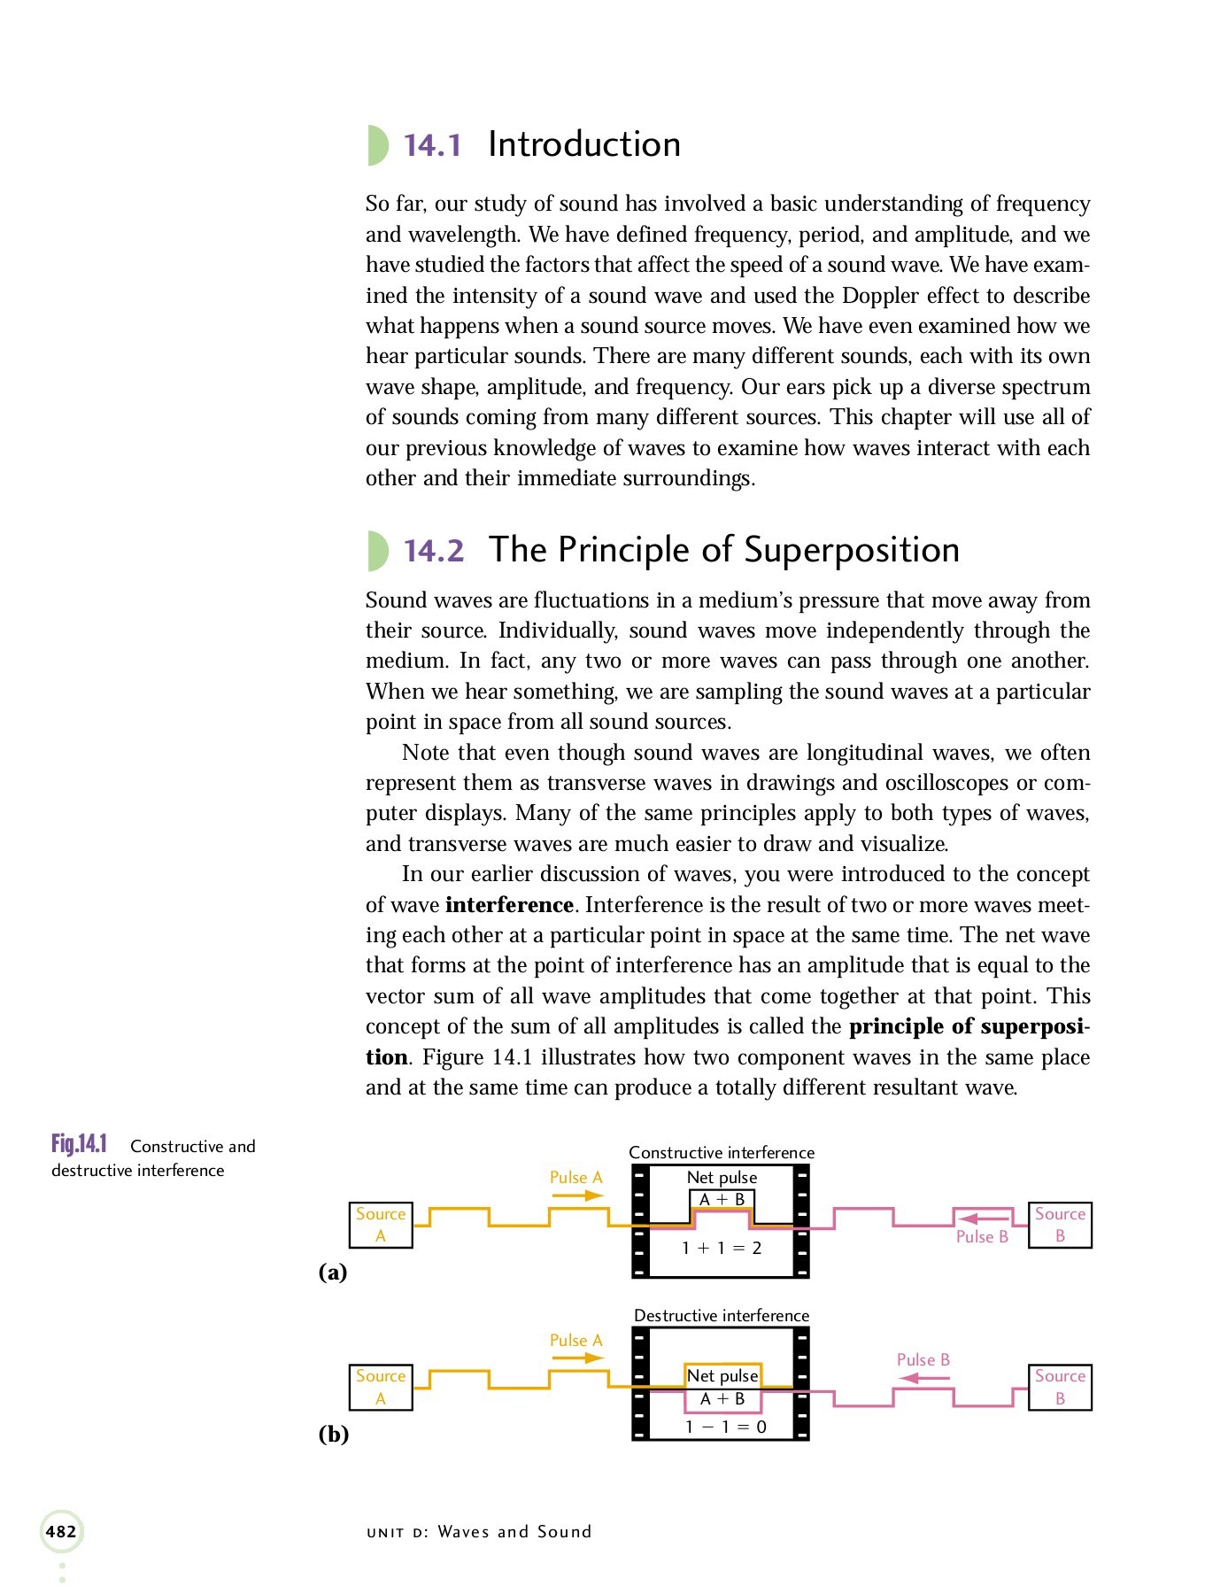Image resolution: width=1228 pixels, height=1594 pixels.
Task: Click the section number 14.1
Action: [x=432, y=145]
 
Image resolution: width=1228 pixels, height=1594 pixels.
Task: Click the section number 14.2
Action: [x=434, y=551]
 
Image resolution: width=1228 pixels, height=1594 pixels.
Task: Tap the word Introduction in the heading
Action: [x=584, y=144]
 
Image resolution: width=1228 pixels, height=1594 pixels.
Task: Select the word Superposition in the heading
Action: [x=852, y=550]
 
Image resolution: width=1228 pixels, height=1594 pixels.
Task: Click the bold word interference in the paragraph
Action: [x=509, y=905]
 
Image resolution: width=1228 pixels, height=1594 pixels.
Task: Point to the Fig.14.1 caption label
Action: [x=79, y=1144]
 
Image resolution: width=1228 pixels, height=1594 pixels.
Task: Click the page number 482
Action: [x=61, y=1531]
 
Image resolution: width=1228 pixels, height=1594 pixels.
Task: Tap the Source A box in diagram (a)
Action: [x=381, y=1225]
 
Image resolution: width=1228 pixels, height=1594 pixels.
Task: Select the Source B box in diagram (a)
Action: [x=1060, y=1225]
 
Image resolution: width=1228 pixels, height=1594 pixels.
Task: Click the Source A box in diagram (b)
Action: [x=381, y=1387]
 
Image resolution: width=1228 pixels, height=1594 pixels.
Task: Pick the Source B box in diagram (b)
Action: [x=1060, y=1387]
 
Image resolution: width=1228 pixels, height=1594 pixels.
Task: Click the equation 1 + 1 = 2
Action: [x=722, y=1248]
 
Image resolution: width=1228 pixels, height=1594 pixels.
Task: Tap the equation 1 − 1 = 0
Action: [x=725, y=1427]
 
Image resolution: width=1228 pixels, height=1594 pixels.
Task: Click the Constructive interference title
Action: [x=722, y=1152]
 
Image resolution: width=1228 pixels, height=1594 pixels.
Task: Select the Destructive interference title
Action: [x=722, y=1315]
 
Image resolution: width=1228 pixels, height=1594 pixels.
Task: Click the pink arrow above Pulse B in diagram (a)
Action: [x=983, y=1219]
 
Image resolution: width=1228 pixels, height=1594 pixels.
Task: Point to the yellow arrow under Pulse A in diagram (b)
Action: [x=576, y=1358]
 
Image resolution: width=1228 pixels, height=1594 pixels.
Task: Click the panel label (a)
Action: [x=333, y=1273]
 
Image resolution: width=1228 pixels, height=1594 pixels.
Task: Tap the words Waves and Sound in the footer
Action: [x=514, y=1532]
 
